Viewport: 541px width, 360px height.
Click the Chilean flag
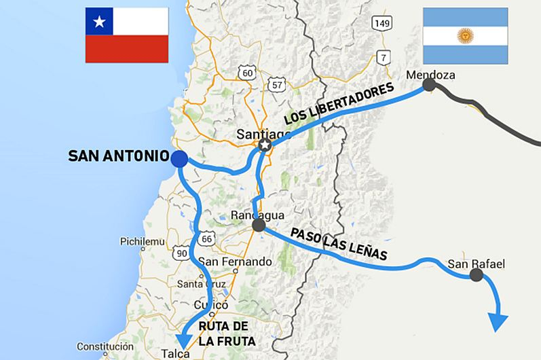click(x=126, y=35)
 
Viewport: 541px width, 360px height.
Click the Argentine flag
click(x=465, y=35)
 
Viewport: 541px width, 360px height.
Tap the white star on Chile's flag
click(x=100, y=23)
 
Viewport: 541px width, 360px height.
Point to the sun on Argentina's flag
click(x=465, y=35)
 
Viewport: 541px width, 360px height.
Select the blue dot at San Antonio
click(x=179, y=159)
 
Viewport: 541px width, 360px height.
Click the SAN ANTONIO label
click(x=118, y=156)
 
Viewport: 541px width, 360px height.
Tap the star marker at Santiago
click(x=265, y=146)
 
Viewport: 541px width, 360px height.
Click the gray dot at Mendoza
click(x=429, y=85)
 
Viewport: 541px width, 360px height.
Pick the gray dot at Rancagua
click(x=258, y=226)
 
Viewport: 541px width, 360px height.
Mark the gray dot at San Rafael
click(x=477, y=274)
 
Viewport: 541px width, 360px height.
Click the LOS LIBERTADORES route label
click(x=339, y=104)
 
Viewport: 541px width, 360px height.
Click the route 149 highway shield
click(x=382, y=24)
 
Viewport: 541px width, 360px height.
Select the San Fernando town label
click(x=234, y=262)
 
